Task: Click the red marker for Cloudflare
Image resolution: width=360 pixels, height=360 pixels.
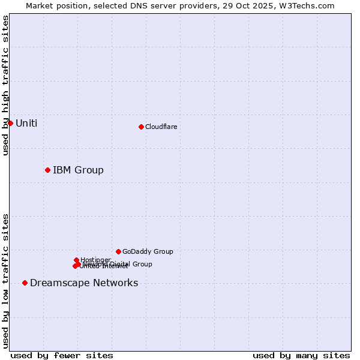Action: (141, 127)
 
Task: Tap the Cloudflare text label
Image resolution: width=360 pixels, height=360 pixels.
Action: (161, 127)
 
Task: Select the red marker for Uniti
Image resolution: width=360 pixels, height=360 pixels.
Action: (10, 123)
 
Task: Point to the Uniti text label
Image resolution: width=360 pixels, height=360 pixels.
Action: (26, 123)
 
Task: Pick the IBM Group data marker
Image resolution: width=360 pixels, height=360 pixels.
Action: (47, 170)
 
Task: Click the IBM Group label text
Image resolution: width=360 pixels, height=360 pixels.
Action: (78, 170)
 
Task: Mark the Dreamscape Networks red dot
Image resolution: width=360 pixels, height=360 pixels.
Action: (25, 283)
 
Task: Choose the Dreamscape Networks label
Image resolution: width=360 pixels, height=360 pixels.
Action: (84, 283)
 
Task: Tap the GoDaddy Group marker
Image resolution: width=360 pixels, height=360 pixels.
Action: (118, 251)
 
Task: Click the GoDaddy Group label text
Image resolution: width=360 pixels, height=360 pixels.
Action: (148, 251)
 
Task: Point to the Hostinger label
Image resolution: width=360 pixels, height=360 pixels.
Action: (95, 260)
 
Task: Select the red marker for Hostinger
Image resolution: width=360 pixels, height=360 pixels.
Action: (76, 260)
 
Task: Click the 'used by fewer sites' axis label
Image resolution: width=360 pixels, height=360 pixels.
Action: (62, 355)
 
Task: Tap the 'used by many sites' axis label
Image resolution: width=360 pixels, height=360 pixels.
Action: (301, 355)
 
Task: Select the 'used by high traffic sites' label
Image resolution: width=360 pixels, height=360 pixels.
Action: (5, 85)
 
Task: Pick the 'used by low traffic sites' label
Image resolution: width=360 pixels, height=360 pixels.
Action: (5, 281)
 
